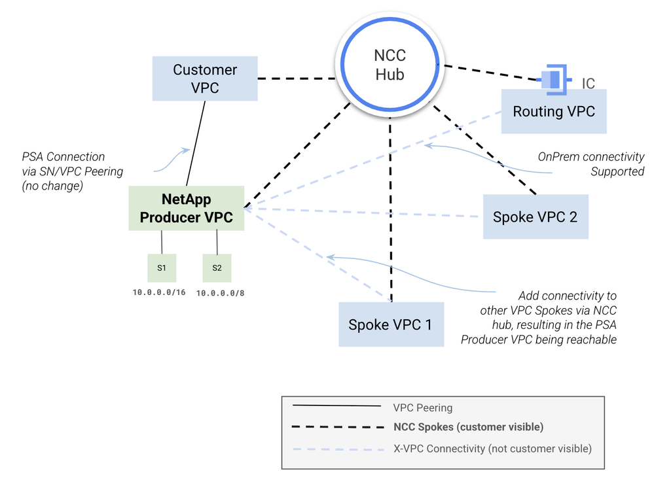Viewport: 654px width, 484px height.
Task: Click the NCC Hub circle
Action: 390,65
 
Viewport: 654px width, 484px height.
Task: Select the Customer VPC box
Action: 205,78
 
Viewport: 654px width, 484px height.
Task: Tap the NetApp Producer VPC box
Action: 187,208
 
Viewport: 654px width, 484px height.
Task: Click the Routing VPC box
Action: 554,112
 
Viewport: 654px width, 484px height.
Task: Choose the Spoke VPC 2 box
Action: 535,216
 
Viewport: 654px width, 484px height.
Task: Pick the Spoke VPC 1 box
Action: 390,324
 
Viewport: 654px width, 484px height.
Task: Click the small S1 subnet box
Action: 161,268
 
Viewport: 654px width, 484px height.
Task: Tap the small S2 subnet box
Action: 217,268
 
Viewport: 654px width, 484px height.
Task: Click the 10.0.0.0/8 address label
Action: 220,292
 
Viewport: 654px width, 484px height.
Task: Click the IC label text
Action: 589,84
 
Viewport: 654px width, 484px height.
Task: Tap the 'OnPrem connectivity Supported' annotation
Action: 590,164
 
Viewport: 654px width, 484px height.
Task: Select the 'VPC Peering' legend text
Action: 422,407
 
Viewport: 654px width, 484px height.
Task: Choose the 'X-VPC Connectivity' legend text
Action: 492,448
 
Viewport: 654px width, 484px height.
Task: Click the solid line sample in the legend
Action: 336,406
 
